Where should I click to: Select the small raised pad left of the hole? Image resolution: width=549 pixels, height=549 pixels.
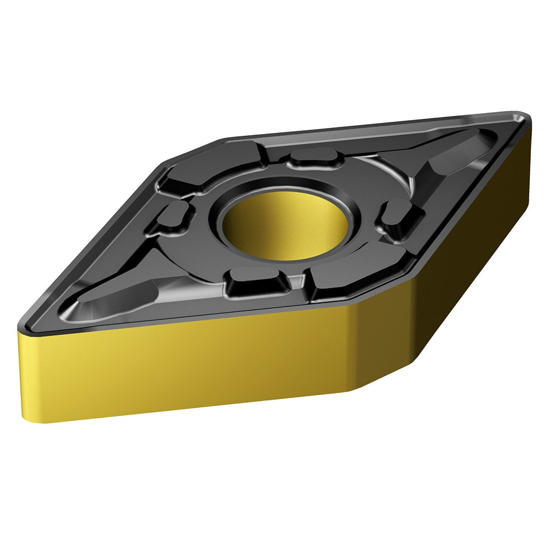[x=173, y=217]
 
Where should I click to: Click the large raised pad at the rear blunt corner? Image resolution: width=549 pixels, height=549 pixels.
[x=214, y=165]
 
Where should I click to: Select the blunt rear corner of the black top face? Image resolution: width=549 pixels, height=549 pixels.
[x=192, y=151]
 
